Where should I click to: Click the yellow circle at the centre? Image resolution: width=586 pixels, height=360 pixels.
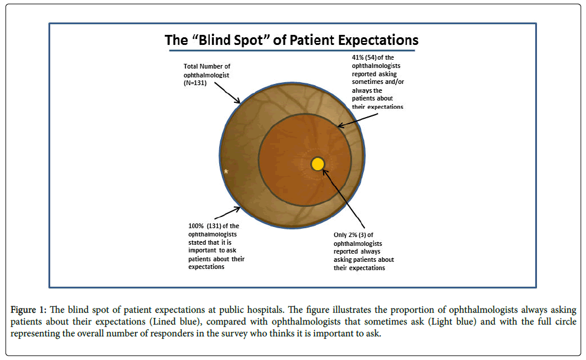point(318,164)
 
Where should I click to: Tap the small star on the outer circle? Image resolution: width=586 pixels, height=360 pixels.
point(226,171)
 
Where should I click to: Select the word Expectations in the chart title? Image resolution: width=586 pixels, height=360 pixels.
point(373,41)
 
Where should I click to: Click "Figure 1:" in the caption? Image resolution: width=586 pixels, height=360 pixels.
point(30,310)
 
